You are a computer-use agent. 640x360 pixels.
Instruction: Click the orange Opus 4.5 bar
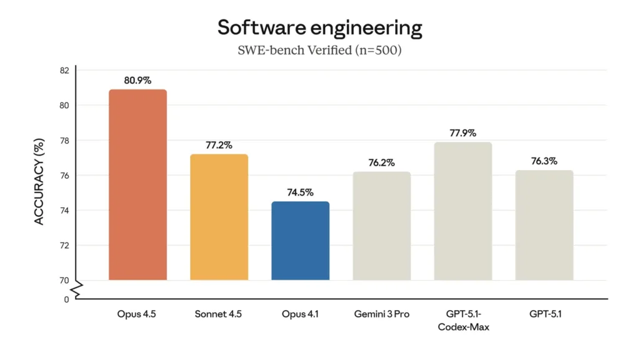(137, 184)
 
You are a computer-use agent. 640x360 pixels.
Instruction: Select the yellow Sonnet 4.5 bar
(219, 217)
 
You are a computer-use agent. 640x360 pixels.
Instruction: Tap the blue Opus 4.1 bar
(300, 241)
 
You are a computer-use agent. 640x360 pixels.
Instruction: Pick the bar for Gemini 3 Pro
(381, 226)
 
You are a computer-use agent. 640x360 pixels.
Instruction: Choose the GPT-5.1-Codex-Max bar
(462, 211)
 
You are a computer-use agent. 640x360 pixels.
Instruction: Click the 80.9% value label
(137, 81)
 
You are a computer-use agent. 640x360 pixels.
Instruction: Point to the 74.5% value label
(300, 192)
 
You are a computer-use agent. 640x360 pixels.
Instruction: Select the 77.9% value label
(462, 133)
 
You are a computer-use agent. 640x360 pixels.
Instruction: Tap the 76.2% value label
(381, 162)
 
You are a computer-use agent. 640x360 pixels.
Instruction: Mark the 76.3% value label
(544, 161)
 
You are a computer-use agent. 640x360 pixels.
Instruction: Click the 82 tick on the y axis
(64, 70)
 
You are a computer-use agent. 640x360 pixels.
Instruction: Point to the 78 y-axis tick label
(64, 141)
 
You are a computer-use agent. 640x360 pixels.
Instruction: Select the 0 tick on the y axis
(66, 299)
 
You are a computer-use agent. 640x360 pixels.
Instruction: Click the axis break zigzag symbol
(76, 289)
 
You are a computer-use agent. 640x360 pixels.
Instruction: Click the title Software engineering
(319, 27)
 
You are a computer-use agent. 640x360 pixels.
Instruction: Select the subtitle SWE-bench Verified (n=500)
(319, 50)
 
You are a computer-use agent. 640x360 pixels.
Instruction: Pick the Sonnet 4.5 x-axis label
(219, 314)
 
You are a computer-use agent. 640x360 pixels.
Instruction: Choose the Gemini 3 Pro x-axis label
(381, 314)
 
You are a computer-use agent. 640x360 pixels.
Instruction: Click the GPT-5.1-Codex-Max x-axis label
(462, 320)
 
